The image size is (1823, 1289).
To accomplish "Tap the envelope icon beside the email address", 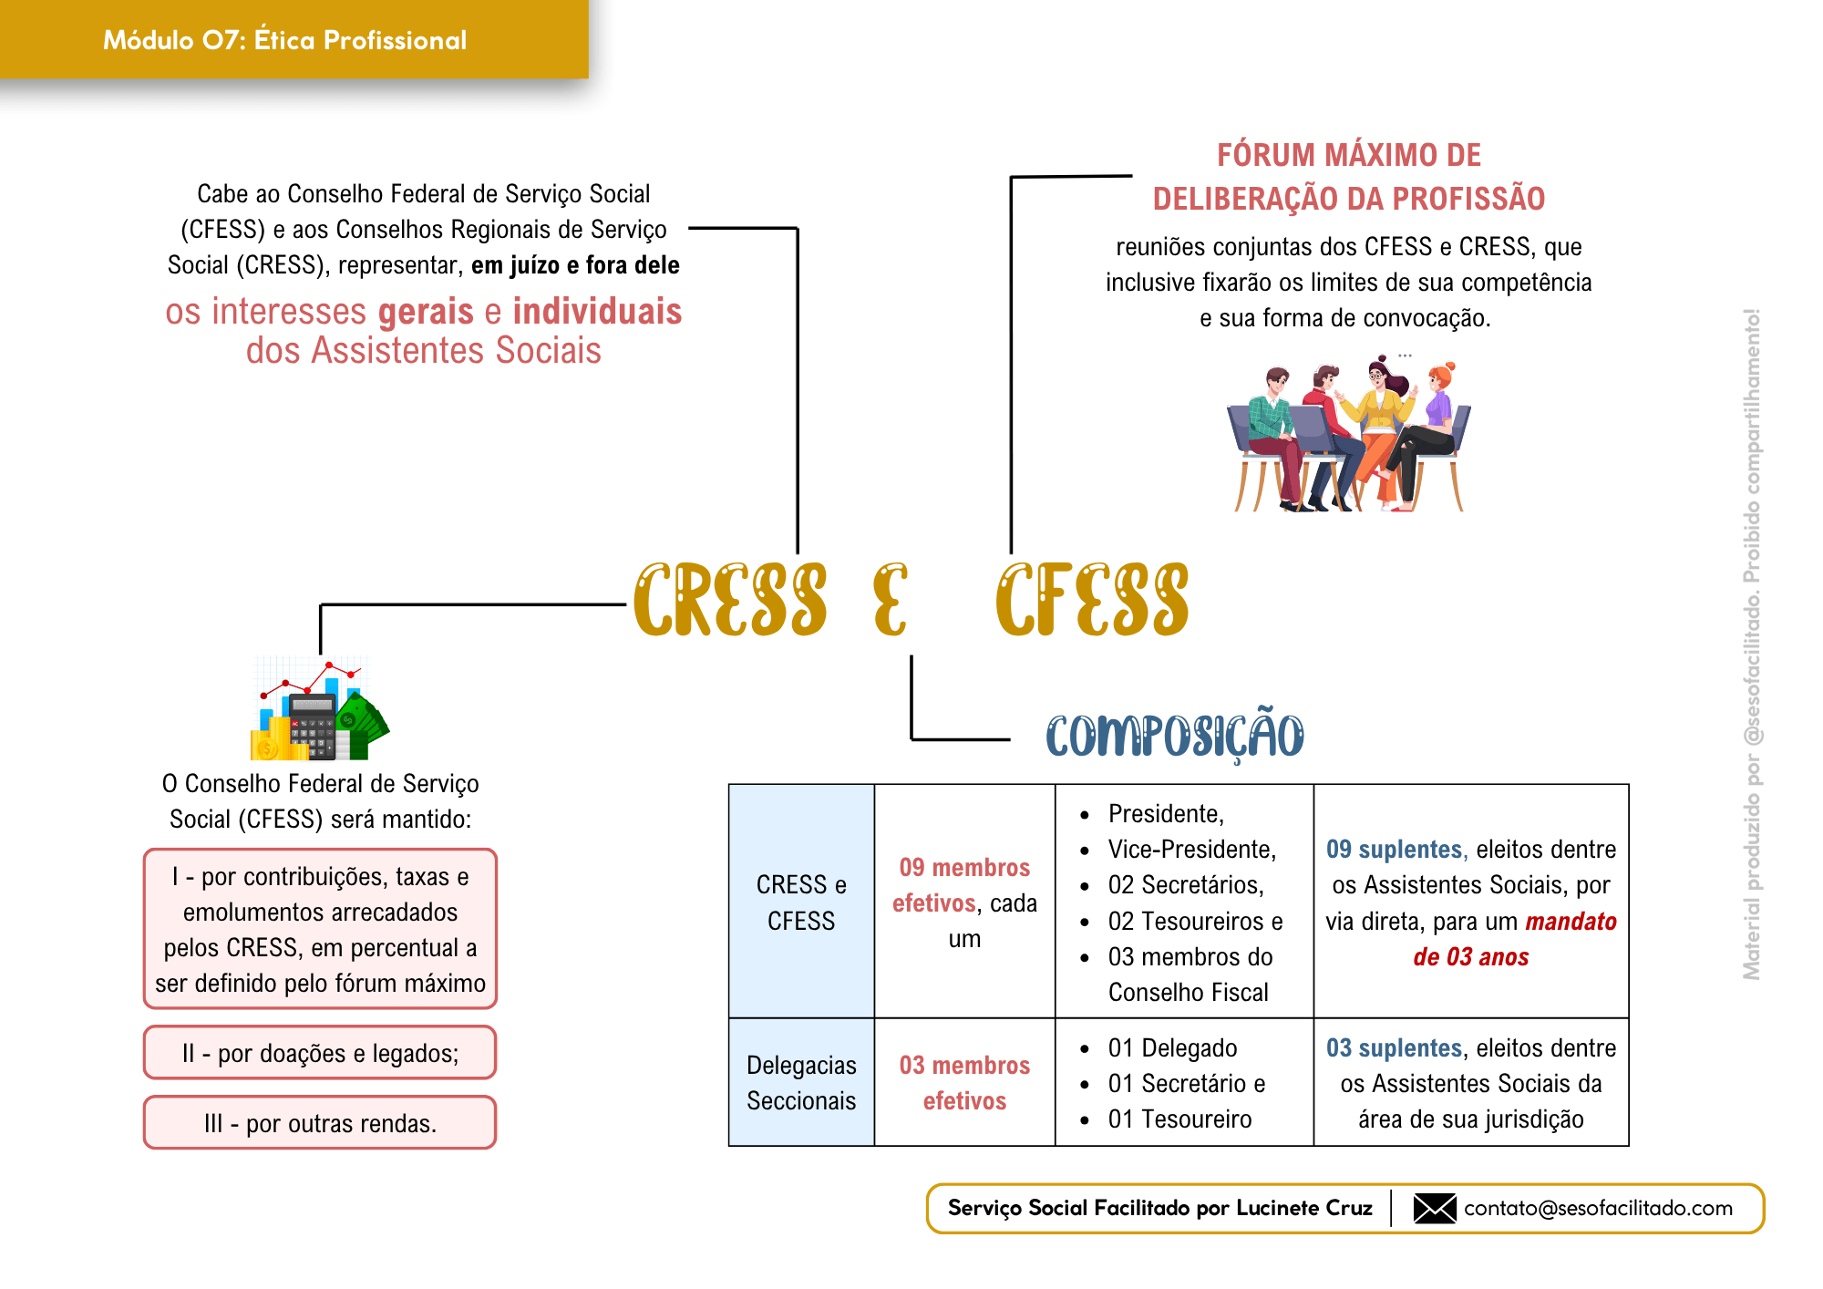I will (1434, 1208).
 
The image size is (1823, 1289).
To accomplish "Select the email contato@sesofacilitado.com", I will (1598, 1208).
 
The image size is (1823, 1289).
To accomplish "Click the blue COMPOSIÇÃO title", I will (1174, 736).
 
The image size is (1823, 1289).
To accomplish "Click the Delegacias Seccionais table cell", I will (801, 1082).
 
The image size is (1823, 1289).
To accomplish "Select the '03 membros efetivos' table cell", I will (964, 1082).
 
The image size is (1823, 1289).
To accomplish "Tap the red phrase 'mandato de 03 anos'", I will (1513, 939).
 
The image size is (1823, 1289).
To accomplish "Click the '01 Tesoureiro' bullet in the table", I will (1179, 1119).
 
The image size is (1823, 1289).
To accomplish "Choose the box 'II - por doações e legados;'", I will (320, 1053).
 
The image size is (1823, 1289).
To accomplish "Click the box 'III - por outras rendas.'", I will (320, 1123).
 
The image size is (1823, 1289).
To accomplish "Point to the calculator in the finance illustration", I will (313, 725).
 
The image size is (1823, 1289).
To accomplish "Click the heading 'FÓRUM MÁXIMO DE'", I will (1349, 155).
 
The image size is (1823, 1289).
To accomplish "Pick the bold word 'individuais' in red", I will (597, 312).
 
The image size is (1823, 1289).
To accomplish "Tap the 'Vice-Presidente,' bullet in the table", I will (1191, 849).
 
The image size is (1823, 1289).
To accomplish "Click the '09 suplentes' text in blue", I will (1394, 849).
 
